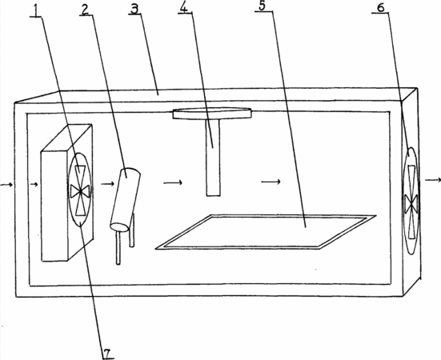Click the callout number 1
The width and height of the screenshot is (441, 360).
[36, 10]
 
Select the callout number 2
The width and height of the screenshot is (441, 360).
[85, 10]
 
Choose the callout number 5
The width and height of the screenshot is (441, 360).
[262, 6]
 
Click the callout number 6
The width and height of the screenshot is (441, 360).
[380, 7]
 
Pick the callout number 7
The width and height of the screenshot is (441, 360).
[107, 354]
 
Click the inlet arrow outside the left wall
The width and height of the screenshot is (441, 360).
[6, 184]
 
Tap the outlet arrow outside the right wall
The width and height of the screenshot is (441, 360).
[432, 180]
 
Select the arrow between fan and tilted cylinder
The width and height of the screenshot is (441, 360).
[108, 184]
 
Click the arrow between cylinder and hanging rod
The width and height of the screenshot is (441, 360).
[173, 183]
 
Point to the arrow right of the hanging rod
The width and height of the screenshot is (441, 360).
[271, 182]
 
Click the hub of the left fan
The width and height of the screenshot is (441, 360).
[81, 191]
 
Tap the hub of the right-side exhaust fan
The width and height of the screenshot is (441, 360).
[411, 203]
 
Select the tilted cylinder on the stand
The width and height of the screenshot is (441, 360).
[125, 199]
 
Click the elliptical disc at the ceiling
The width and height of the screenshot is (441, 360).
[212, 113]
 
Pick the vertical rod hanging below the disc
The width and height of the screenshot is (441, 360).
[213, 158]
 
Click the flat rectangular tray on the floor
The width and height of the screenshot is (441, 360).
[266, 232]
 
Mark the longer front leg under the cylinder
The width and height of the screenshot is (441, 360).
[118, 247]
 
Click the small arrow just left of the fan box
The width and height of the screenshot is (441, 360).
[34, 184]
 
